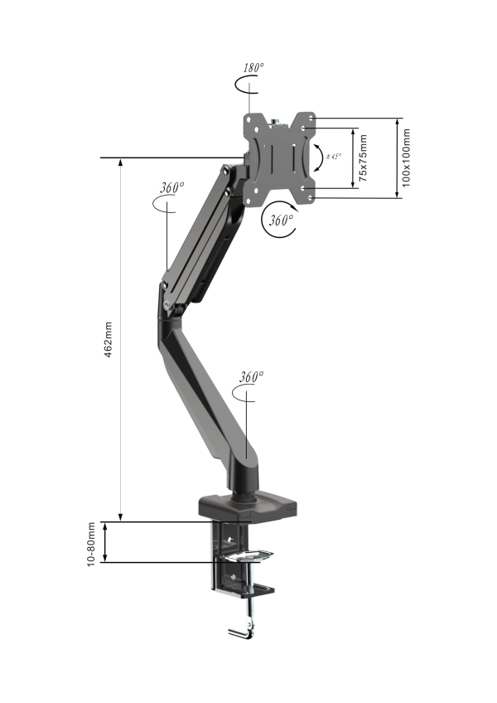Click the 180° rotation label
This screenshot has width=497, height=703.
point(253,68)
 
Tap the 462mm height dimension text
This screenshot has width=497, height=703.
point(108,339)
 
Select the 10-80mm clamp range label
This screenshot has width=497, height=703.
point(91,544)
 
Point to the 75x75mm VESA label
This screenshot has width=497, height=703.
point(363,158)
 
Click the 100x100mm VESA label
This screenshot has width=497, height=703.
point(406,158)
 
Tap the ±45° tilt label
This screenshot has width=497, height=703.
point(334,157)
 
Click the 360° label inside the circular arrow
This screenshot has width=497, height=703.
point(281,221)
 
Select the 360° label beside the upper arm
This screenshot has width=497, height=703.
point(172,187)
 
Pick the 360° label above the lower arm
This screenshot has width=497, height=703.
point(251,376)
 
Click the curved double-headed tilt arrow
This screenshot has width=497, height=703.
point(321,158)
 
